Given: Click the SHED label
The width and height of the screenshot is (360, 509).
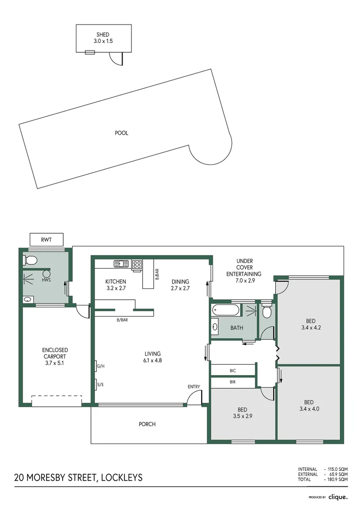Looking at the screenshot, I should coord(103,35).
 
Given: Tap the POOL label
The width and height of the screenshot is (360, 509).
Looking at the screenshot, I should coord(122,133).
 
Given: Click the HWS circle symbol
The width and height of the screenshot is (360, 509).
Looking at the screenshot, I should coord(47,273).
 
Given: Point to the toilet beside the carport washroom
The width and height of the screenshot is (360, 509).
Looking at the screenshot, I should coord(30,260).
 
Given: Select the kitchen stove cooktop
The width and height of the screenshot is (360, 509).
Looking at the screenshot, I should coord(137,264).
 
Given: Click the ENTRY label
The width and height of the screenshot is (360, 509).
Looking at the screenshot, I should coord(194,386).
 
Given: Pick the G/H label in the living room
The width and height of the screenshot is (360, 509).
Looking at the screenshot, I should coord(99,366).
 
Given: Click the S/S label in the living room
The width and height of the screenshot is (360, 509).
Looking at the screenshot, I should coord(99,385).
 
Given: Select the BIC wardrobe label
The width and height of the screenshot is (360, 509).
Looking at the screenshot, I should coord(233,370).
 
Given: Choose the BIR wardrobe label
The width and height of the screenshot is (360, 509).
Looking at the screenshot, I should coord(233,382).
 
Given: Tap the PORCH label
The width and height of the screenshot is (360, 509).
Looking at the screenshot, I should coord(147,424).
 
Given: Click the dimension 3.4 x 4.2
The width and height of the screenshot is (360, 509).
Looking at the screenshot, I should coord(310,327).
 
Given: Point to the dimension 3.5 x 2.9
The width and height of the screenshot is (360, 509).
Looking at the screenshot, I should coord(243,417).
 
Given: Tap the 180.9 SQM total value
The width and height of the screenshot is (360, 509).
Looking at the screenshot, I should coord(337,479).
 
